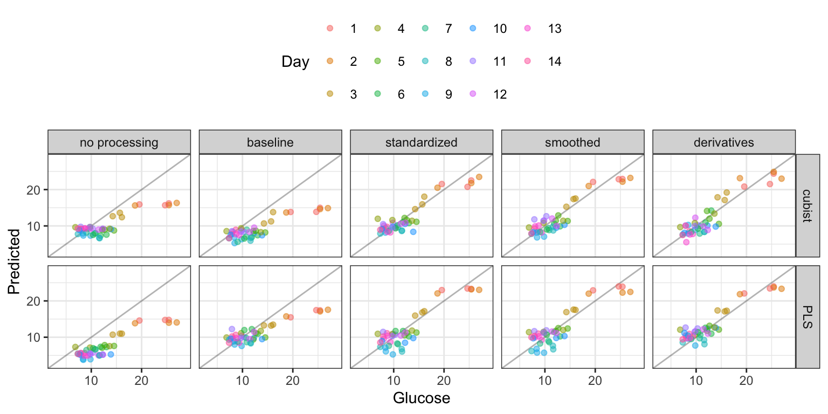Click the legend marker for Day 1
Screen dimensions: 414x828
click(330, 29)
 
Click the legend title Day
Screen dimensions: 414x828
click(295, 62)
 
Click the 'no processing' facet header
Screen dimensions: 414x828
click(119, 142)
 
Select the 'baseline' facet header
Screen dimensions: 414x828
click(270, 142)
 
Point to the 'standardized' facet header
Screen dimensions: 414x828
click(422, 142)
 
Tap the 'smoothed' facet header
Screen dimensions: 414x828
click(572, 142)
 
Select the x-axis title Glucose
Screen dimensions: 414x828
click(422, 398)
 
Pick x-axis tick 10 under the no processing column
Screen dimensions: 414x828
click(91, 379)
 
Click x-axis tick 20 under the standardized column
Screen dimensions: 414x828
click(444, 379)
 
